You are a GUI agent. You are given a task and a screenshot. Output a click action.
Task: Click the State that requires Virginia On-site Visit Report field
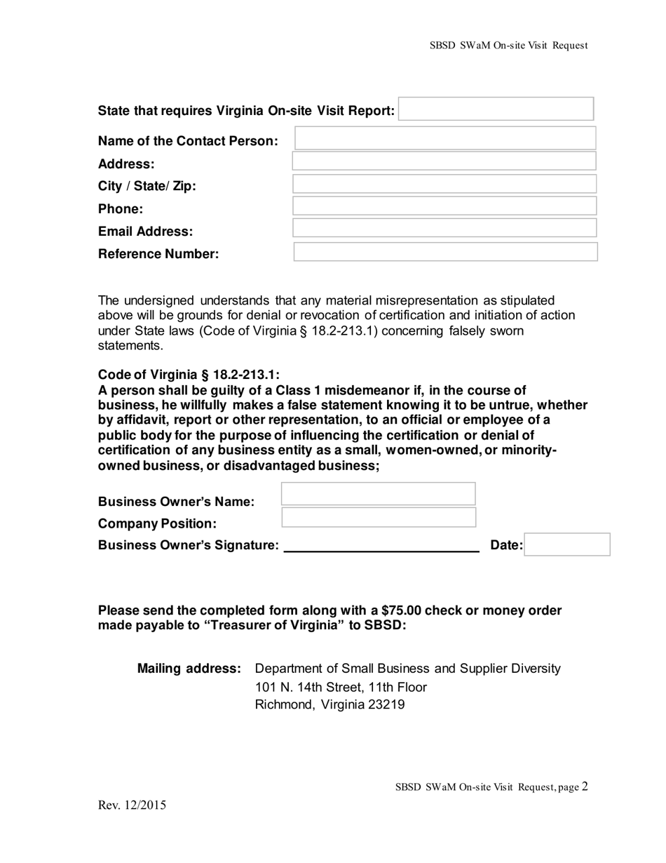pos(496,109)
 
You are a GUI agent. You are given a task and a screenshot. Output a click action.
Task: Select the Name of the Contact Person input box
pos(445,139)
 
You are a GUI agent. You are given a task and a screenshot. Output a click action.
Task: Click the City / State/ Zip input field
pos(444,185)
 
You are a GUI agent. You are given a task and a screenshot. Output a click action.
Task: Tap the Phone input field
pos(444,206)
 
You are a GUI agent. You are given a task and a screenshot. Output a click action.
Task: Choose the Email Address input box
pos(444,228)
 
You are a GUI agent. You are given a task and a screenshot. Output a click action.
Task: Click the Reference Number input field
pos(445,252)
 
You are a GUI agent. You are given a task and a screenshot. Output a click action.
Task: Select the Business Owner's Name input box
pos(379,494)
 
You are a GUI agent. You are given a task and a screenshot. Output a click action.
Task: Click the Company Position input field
pos(379,519)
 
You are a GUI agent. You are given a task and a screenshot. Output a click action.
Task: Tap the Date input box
pos(567,544)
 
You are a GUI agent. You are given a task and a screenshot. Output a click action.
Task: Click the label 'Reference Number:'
pos(158,254)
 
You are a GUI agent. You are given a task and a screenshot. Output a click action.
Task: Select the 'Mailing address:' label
pos(189,669)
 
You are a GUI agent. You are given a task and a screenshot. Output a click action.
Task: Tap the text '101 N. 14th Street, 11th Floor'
pos(341,687)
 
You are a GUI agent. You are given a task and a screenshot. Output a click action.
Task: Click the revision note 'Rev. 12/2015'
pos(132,805)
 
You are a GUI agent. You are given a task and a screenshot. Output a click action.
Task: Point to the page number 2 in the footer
pos(585,787)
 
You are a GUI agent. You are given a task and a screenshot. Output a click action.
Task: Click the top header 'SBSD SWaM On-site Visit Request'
pos(508,46)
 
